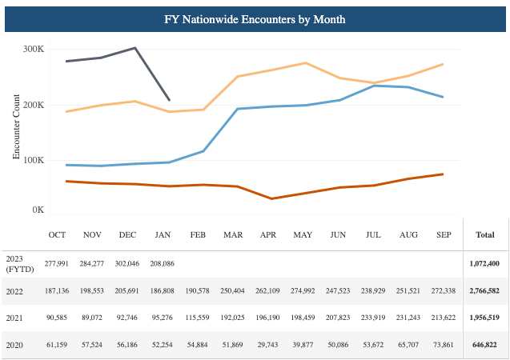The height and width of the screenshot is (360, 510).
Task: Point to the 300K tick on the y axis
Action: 33,50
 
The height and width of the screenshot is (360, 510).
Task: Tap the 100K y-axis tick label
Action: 33,160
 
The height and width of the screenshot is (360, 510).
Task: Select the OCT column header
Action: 57,235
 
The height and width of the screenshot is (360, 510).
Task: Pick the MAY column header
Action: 303,235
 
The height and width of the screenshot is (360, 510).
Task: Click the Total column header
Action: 485,235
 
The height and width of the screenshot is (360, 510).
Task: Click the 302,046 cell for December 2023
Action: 127,263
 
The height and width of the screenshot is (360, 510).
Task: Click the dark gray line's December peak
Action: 135,48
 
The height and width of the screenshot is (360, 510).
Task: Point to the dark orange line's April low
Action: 271,198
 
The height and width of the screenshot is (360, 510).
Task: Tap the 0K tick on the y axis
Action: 36,210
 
